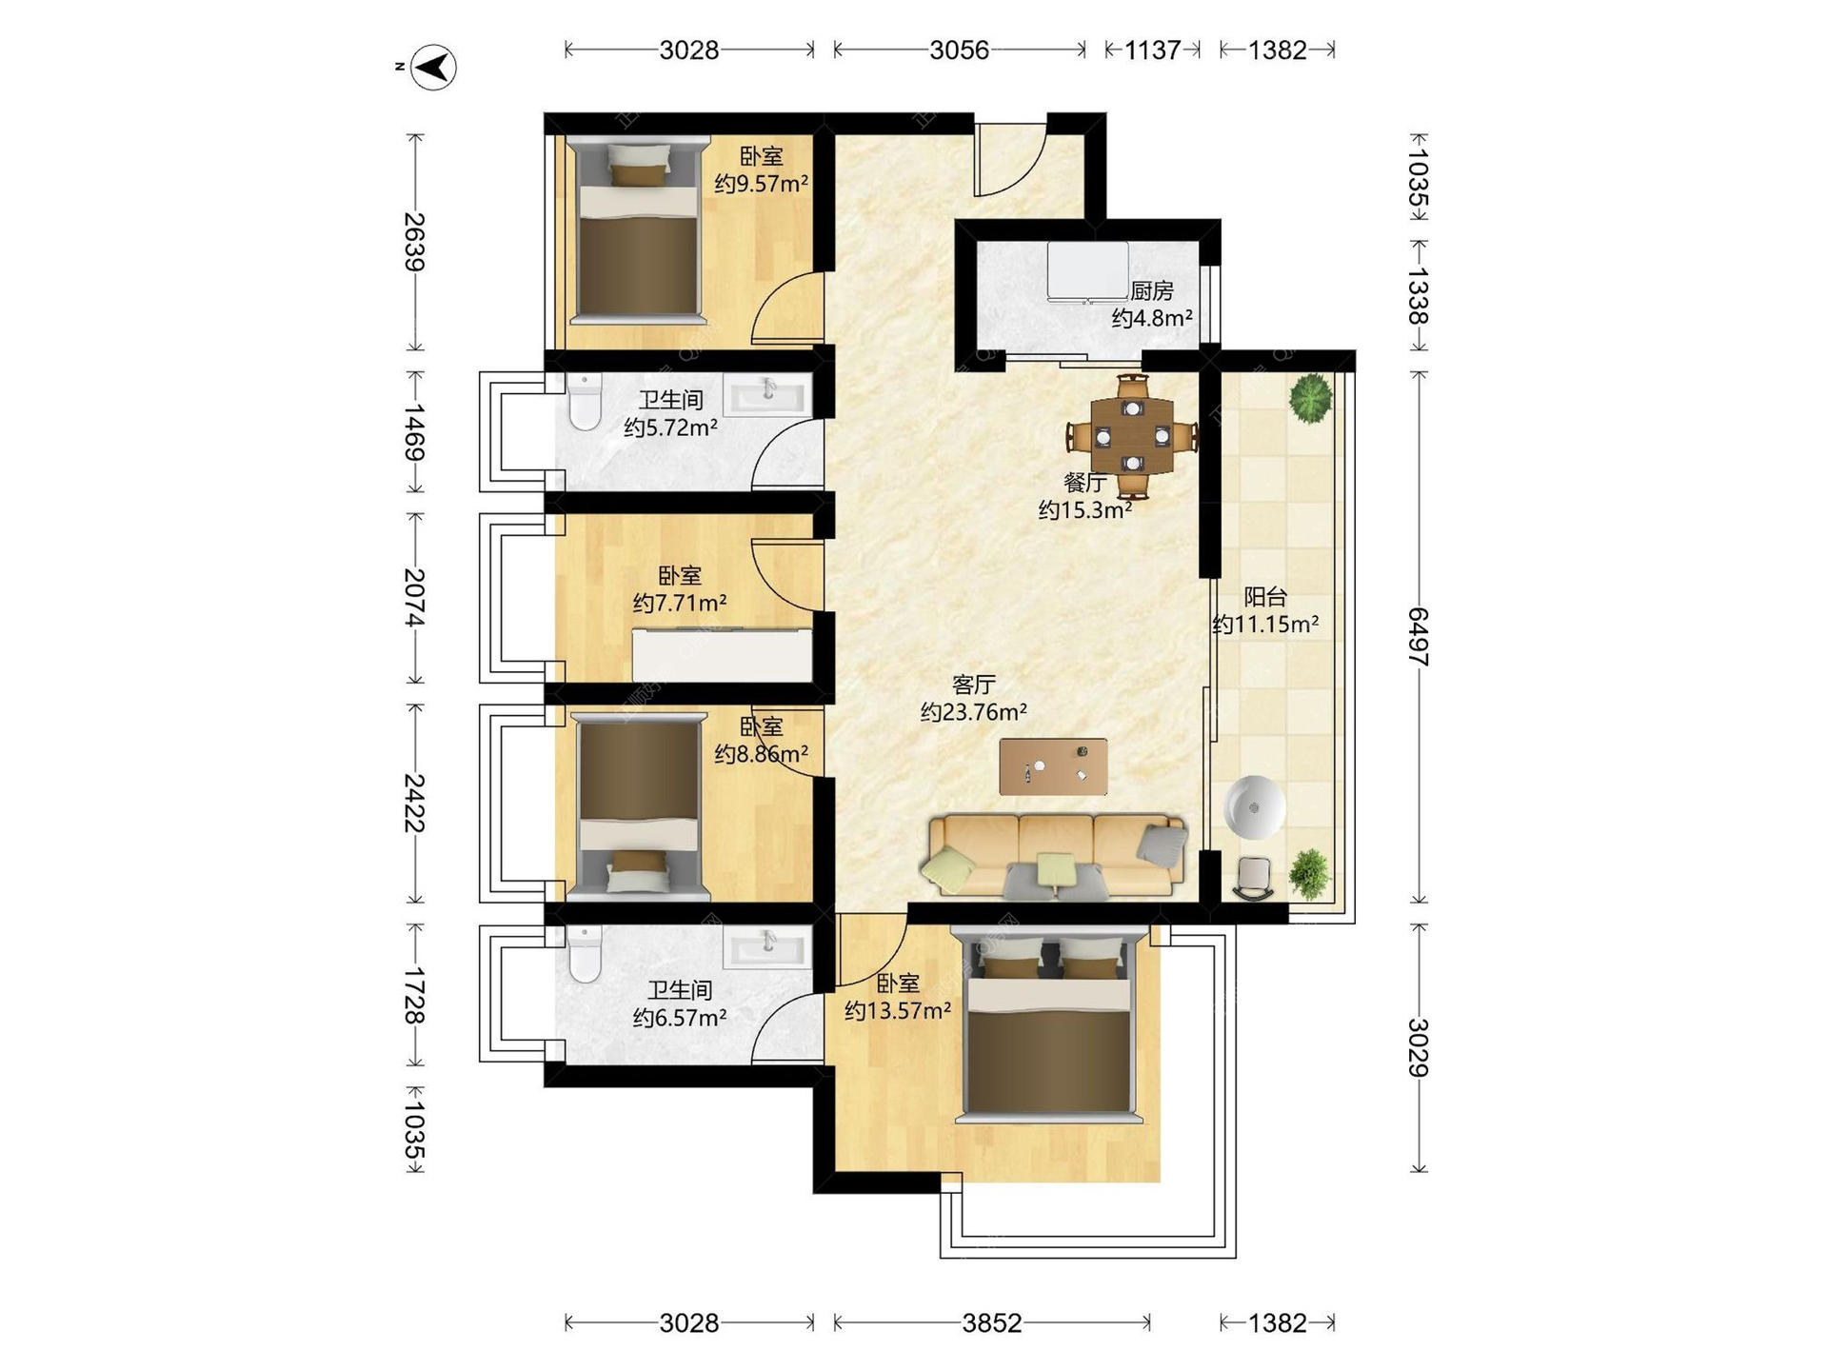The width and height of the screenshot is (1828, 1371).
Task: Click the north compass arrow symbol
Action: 433,68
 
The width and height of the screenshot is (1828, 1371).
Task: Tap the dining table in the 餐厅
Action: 1132,436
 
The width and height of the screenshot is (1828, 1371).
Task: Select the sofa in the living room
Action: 1055,856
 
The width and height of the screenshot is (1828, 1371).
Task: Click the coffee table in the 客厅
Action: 1053,766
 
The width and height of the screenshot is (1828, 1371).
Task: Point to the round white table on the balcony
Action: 1255,808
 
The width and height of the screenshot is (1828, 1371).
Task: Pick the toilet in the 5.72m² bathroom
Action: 584,401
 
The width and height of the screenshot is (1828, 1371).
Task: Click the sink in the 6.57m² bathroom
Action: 767,948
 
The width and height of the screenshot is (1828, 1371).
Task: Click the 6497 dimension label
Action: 1419,636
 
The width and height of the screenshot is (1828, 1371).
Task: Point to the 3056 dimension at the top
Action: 960,50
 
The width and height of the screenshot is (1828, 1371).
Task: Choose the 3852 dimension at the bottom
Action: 992,1322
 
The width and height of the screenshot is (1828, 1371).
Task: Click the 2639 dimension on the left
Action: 414,242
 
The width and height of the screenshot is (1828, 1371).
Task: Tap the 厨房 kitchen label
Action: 1152,290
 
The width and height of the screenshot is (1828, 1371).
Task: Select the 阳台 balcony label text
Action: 1265,597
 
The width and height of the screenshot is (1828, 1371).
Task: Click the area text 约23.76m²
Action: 973,711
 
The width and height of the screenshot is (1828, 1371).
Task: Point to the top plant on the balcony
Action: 1310,397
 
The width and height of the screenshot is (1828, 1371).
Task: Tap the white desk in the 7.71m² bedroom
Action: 723,655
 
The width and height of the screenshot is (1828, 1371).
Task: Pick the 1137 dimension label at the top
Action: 1152,50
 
